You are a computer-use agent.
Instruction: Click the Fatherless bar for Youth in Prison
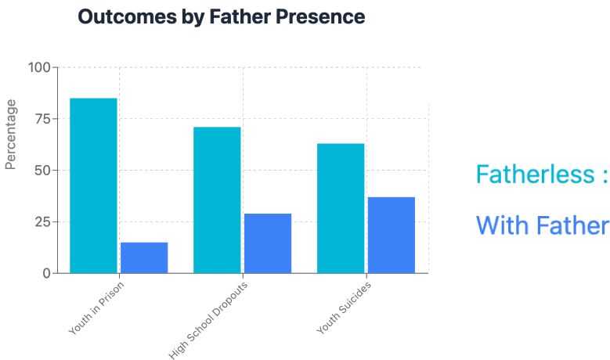point(93,185)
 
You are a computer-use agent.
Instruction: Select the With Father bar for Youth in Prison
point(144,257)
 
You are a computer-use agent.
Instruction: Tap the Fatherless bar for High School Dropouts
point(217,200)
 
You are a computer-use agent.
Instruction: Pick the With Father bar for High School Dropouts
point(268,243)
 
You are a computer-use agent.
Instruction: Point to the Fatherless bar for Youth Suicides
point(341,208)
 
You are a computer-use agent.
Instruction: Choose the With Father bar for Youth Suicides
point(392,235)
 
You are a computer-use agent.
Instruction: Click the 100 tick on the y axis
point(38,67)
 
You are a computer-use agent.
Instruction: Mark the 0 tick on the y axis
point(45,273)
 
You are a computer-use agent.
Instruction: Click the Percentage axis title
point(11,134)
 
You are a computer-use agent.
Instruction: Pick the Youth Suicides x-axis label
point(344,307)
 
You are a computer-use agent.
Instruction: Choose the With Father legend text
point(542,226)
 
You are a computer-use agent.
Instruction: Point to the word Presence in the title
point(323,16)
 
